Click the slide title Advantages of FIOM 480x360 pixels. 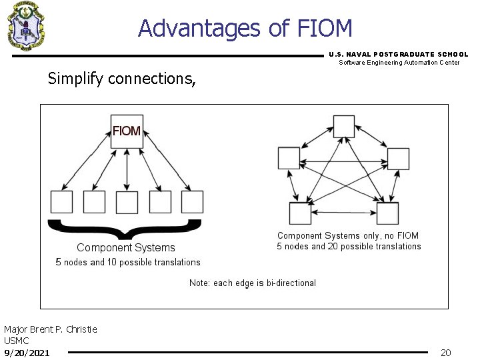coord(245,28)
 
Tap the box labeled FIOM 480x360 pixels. coord(127,131)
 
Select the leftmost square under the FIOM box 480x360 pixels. coord(62,201)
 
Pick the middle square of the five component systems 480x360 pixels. coord(127,201)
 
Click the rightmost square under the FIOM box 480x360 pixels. coord(192,201)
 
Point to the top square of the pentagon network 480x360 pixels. coord(344,126)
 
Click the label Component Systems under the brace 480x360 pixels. coord(126,248)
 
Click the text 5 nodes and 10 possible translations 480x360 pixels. coord(128,262)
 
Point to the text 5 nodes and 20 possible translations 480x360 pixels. coord(349,247)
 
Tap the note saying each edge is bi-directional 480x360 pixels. coord(253,283)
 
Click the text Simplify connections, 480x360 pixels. coord(122,79)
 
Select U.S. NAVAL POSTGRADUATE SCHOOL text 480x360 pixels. coord(399,54)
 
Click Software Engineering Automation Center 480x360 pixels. coord(399,63)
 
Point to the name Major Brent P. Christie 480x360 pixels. coord(51,329)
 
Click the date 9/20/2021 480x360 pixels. coord(27,352)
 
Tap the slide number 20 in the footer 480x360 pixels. coord(446,352)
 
